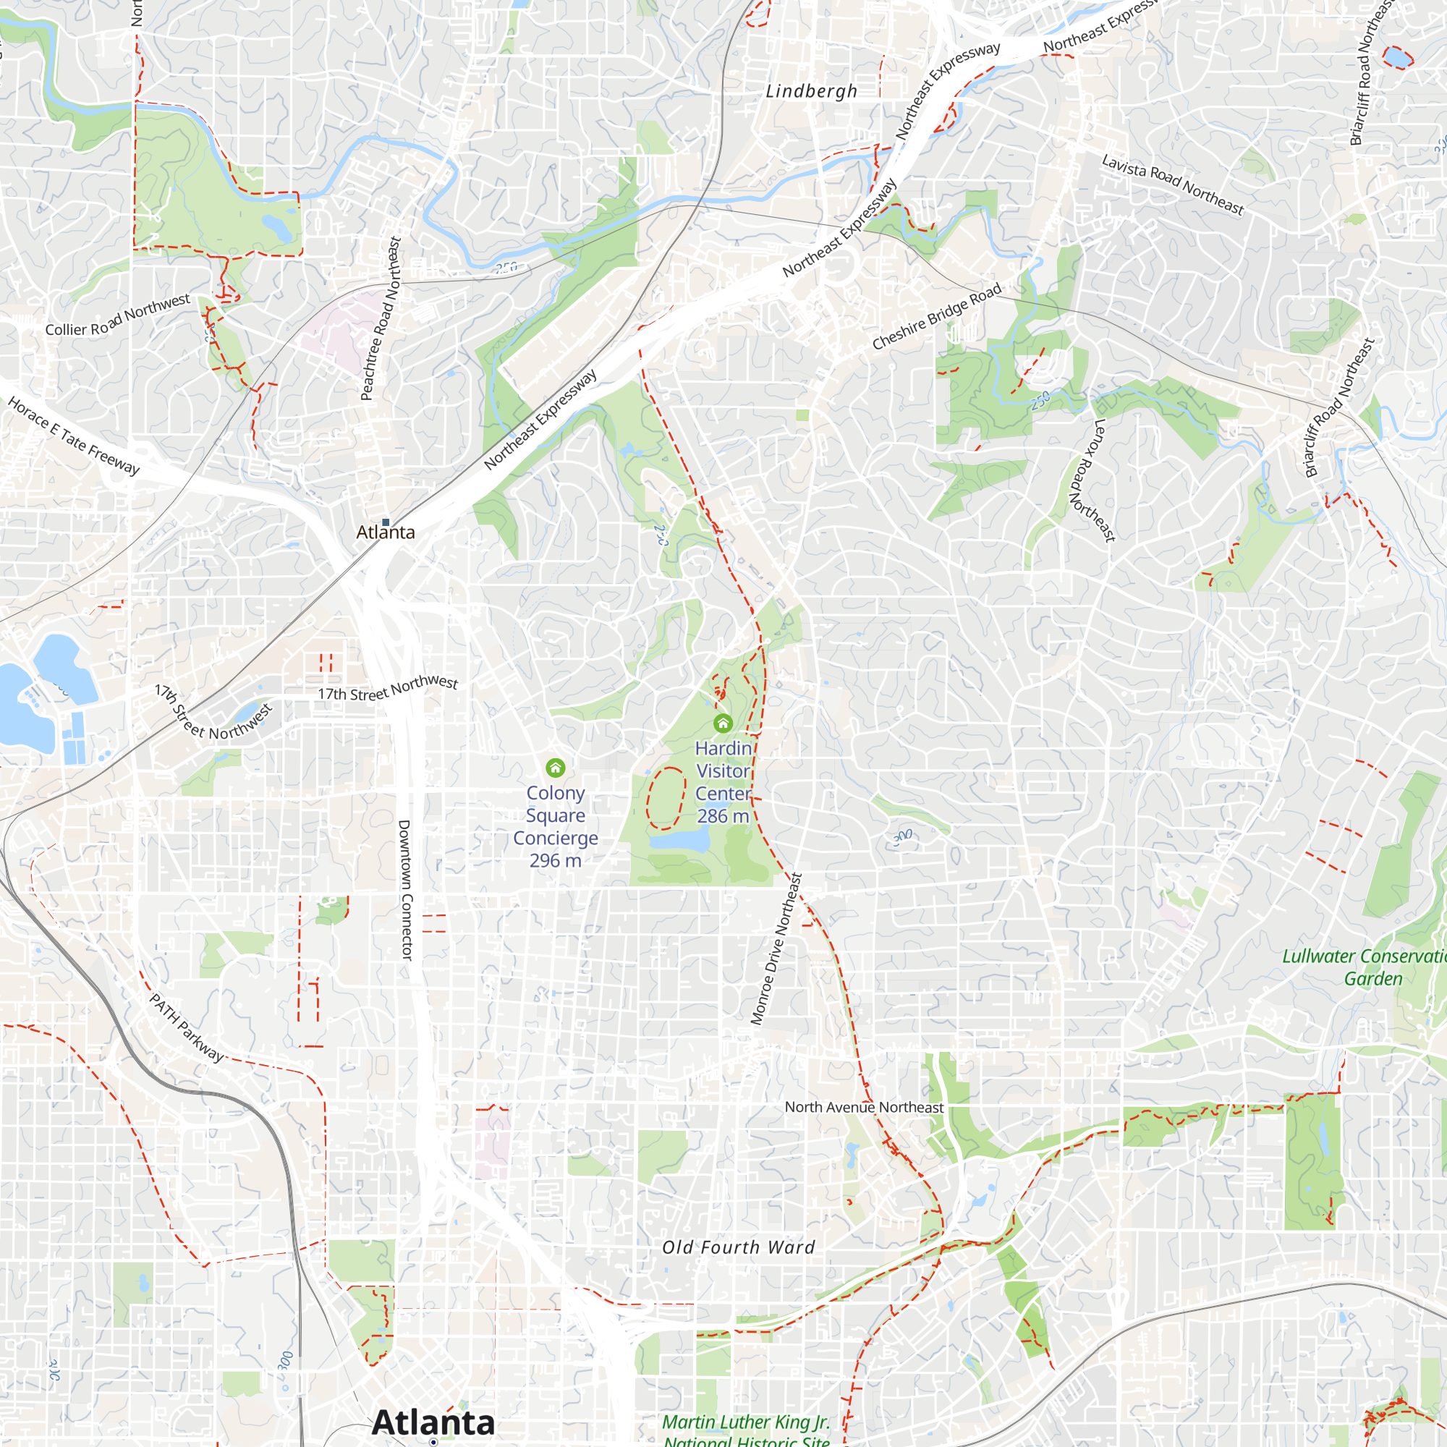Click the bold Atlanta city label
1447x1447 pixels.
click(433, 1422)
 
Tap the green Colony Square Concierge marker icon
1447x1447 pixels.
click(555, 768)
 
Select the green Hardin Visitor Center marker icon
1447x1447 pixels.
click(723, 723)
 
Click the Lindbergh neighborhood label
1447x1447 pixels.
click(811, 91)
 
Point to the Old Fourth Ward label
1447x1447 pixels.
click(739, 1247)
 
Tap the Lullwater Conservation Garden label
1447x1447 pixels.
click(1363, 967)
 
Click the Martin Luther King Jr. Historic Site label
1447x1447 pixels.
click(746, 1430)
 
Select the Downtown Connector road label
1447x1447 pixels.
click(404, 890)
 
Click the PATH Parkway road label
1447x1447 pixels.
click(187, 1027)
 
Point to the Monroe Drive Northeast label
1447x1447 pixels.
click(776, 949)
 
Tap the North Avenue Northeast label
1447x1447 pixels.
click(864, 1107)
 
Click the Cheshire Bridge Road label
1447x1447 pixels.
click(936, 316)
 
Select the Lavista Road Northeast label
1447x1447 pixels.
click(1172, 184)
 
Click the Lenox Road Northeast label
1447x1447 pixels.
click(1094, 480)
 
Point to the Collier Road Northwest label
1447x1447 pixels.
click(118, 315)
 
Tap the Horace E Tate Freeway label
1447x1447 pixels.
click(73, 436)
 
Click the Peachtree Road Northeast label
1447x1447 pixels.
click(381, 318)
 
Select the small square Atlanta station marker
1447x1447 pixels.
click(386, 522)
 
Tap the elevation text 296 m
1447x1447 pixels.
click(555, 860)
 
